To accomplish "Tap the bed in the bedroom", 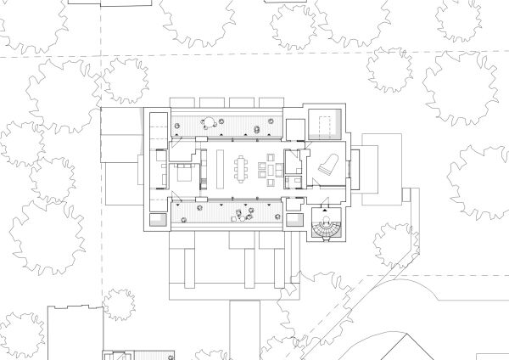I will click(184, 176).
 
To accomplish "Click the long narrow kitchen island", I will click(219, 167).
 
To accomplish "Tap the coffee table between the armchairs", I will click(271, 167).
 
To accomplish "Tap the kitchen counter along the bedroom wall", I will click(202, 168).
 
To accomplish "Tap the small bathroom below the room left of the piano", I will click(294, 182).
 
